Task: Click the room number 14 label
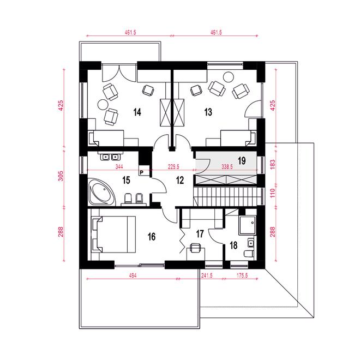[x=137, y=112]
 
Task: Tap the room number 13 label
[x=208, y=112]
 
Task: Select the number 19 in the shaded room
[x=242, y=161]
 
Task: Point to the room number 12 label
[x=180, y=181]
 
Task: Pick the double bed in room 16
[x=113, y=234]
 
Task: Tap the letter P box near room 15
[x=141, y=172]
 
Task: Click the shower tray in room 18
[x=247, y=225]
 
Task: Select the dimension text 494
[x=133, y=275]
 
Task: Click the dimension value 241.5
[x=207, y=275]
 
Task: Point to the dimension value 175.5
[x=242, y=275]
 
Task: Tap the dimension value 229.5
[x=173, y=167]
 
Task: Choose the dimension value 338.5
[x=227, y=167]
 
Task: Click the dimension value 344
[x=119, y=167]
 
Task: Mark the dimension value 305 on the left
[x=61, y=176]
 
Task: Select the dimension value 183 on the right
[x=273, y=164]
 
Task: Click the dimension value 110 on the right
[x=273, y=193]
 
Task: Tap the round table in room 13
[x=229, y=77]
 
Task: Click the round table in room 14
[x=103, y=105]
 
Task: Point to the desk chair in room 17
[x=195, y=248]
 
